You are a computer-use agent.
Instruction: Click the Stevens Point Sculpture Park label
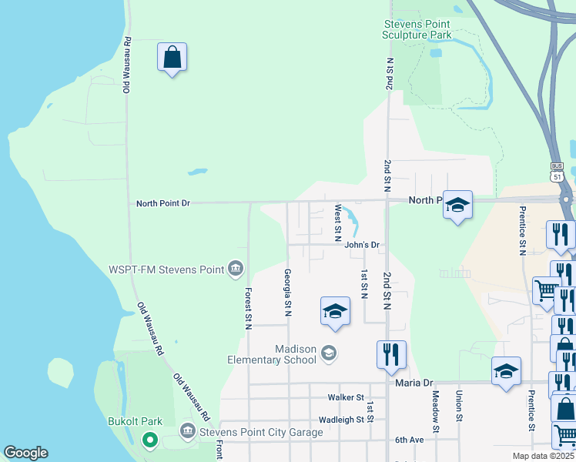[417, 29]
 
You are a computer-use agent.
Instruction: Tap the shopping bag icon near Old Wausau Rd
[172, 58]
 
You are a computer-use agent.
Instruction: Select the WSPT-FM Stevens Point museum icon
[236, 269]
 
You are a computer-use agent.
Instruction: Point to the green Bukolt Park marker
[150, 440]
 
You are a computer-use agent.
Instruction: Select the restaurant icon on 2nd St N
[391, 354]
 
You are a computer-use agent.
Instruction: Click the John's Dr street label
[363, 245]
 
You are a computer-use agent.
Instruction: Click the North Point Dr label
[162, 203]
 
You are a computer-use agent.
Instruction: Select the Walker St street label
[345, 397]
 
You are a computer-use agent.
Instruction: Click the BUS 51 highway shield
[558, 172]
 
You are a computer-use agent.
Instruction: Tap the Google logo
[25, 453]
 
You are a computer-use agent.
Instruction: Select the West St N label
[337, 223]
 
